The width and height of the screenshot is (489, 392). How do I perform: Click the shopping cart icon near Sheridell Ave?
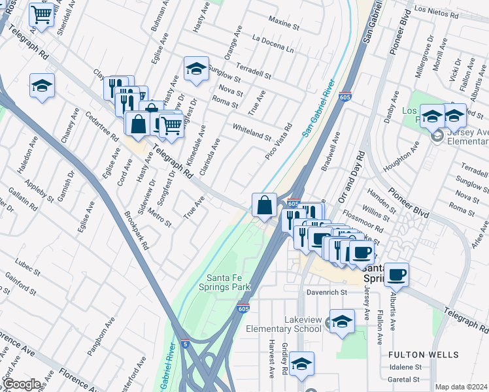pyautogui.click(x=41, y=13)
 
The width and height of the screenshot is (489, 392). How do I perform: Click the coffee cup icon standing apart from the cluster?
pyautogui.click(x=396, y=274)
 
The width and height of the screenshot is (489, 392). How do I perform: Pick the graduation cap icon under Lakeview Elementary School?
pyautogui.click(x=342, y=321)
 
